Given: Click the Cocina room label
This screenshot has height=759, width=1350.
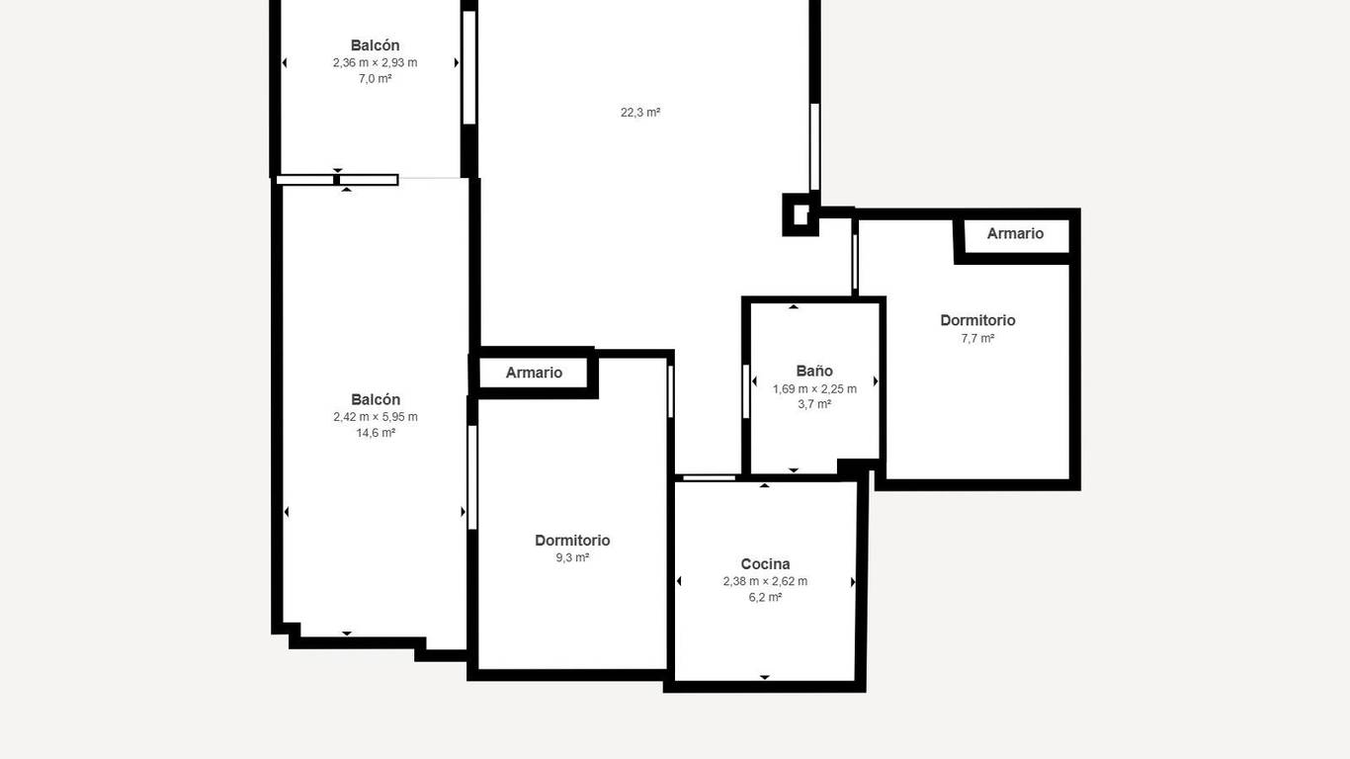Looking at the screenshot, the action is [x=765, y=564].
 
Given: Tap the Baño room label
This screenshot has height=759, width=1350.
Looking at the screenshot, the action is [x=814, y=372].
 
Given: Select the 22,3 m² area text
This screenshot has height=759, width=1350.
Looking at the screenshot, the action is [x=640, y=112].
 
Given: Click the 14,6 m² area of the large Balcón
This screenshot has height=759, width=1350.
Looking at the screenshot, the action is [x=376, y=433].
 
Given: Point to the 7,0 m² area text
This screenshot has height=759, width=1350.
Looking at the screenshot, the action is [x=375, y=78].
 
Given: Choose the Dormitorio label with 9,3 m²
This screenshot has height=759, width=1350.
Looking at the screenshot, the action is [x=572, y=541].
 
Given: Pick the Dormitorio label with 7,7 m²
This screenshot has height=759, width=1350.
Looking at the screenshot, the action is [x=977, y=321].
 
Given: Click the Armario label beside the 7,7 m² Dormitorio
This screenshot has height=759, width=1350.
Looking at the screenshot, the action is [x=1015, y=233].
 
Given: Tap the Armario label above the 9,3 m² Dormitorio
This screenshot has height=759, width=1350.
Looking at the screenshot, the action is [x=534, y=373].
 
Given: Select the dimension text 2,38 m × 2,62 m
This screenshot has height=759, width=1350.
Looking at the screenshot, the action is [x=765, y=581].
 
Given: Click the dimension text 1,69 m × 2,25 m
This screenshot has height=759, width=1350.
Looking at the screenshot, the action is [x=814, y=388].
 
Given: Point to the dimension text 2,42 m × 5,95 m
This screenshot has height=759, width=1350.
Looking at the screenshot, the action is [x=375, y=417].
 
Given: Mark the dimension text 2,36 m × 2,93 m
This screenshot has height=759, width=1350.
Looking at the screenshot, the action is [x=375, y=62].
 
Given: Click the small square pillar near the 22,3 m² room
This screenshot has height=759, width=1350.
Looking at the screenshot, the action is [x=801, y=214].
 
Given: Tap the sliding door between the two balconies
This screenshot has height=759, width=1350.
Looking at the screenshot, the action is [x=338, y=180].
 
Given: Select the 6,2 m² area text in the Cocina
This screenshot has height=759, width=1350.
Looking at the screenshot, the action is [x=765, y=598].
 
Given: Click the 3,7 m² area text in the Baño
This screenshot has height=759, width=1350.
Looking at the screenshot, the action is [x=814, y=404].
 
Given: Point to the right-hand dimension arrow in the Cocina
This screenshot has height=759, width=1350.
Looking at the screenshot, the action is [x=853, y=582].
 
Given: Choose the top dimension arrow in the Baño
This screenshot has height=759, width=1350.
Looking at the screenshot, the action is [x=794, y=306].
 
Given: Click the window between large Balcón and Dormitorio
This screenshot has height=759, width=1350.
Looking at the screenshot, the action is [x=472, y=477].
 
